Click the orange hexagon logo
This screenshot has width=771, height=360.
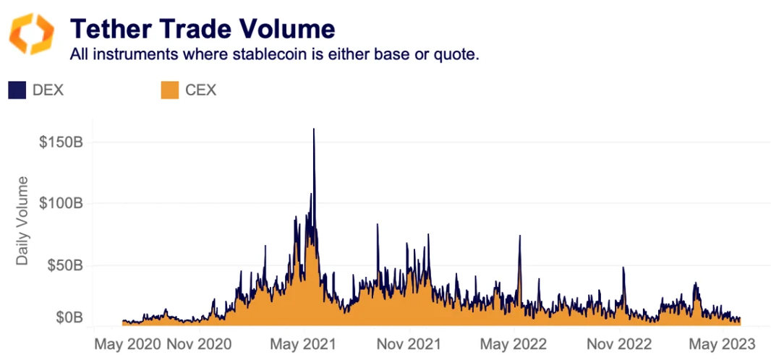(31, 34)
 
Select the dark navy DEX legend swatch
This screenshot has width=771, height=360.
(17, 90)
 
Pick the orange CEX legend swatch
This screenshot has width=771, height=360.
(169, 90)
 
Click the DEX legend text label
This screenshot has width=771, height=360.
(48, 90)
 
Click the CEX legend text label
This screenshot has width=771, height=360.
(200, 90)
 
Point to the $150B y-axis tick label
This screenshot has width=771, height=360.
(61, 142)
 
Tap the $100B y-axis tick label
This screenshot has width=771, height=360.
(61, 203)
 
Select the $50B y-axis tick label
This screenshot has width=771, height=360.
(64, 265)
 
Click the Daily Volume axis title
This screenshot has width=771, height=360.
(22, 220)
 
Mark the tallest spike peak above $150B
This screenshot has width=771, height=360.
(313, 130)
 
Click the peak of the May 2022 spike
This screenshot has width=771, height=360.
(519, 236)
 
